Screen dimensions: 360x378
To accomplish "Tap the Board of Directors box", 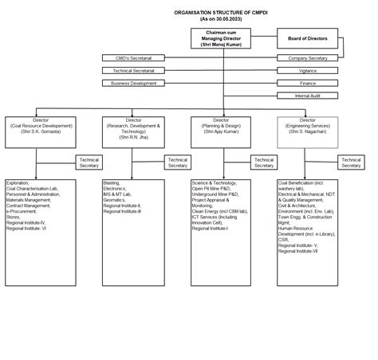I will pyautogui.click(x=308, y=38).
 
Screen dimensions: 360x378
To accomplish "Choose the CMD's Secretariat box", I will pyautogui.click(x=133, y=58).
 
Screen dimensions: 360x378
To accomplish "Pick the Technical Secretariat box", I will pyautogui.click(x=133, y=71).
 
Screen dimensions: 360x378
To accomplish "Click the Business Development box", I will pyautogui.click(x=133, y=83).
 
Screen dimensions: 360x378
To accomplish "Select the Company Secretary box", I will pyautogui.click(x=308, y=58).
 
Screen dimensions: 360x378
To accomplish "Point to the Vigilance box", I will pyautogui.click(x=308, y=71).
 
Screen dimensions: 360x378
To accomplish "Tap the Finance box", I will pyautogui.click(x=308, y=83).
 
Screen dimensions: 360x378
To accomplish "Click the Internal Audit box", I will pyautogui.click(x=308, y=96).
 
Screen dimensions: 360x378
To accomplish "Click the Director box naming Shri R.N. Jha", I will pyautogui.click(x=133, y=127).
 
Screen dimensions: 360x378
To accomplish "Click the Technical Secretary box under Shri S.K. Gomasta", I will pyautogui.click(x=88, y=162).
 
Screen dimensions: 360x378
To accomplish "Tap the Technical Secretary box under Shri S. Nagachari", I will pyautogui.click(x=351, y=162).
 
